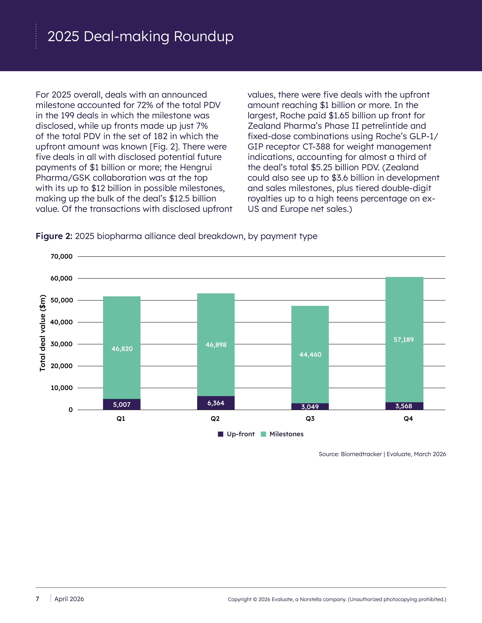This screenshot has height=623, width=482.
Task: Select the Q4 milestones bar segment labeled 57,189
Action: coord(404,339)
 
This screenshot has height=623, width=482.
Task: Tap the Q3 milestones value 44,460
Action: coord(310,355)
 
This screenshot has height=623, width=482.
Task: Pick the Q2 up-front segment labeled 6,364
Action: coord(216,403)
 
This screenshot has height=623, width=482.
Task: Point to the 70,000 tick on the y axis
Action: coord(61,256)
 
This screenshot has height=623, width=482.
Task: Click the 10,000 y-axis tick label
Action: coord(61,388)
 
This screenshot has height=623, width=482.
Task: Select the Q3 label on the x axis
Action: coord(310,419)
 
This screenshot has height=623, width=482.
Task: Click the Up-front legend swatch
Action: coord(220,434)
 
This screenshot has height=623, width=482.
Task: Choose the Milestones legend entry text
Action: coord(286,434)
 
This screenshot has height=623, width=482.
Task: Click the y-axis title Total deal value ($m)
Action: coord(43,333)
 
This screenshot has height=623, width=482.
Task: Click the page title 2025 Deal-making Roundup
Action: coord(140,36)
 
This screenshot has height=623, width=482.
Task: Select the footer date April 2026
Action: coord(69,599)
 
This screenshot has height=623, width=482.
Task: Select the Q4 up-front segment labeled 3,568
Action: coord(404,406)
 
